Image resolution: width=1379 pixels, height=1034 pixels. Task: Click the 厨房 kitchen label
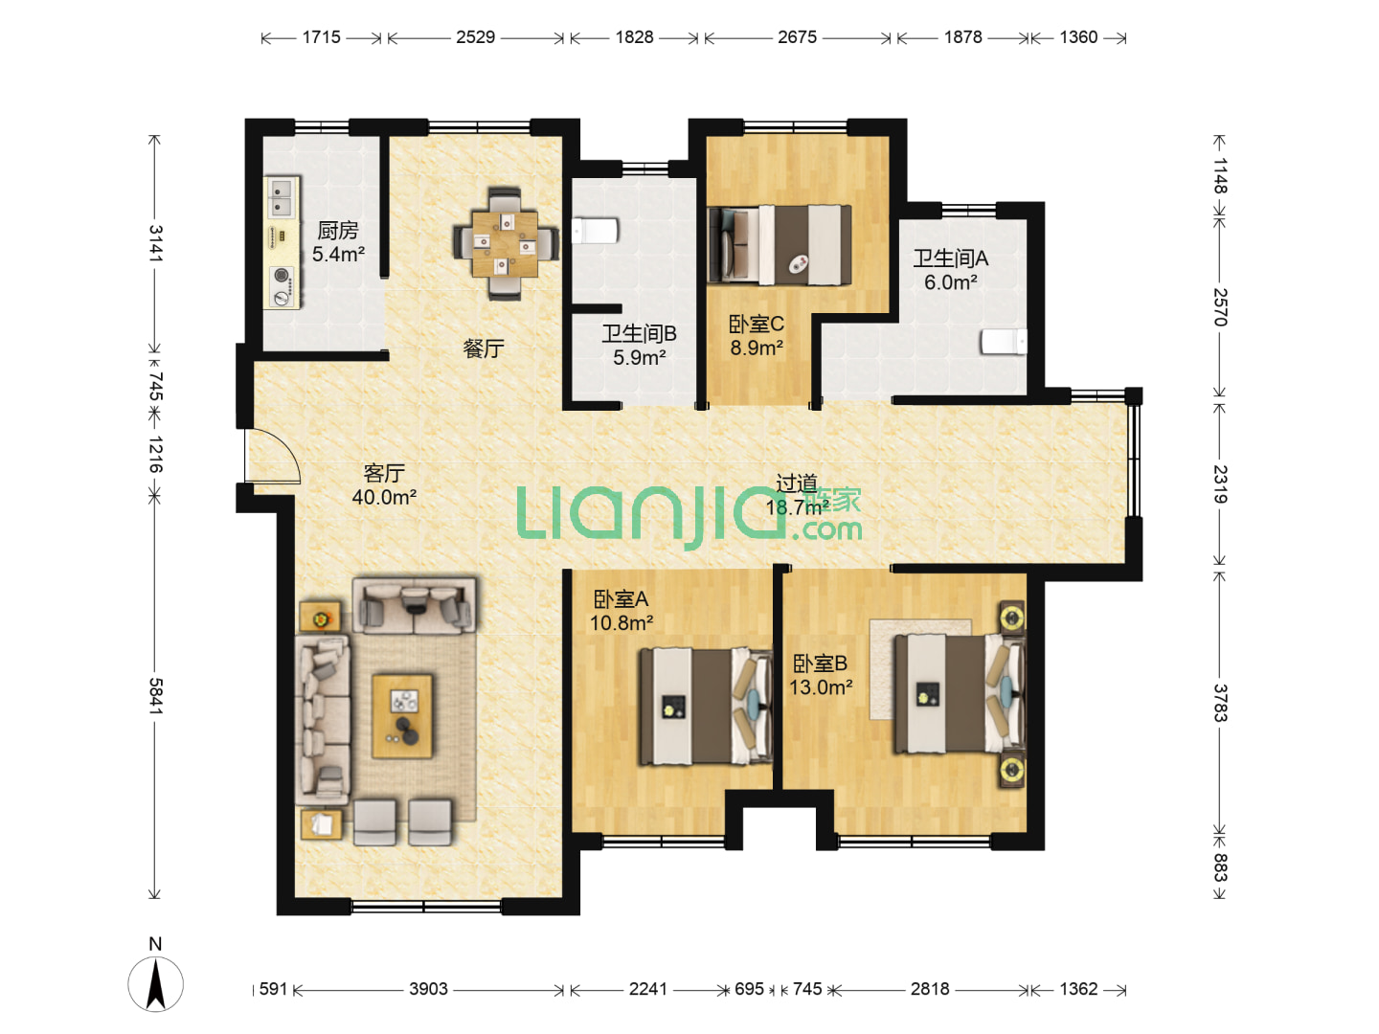[x=337, y=231]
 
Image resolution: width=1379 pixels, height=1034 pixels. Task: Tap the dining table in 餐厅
[x=505, y=244]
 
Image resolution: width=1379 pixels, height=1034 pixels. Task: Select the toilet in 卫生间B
[x=595, y=231]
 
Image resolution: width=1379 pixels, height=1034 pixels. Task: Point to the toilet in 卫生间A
[x=1004, y=342]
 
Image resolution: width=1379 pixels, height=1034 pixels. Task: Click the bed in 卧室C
[x=780, y=244]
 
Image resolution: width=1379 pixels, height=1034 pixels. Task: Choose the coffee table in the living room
[x=402, y=716]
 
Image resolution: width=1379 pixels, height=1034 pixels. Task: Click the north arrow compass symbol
[x=156, y=983]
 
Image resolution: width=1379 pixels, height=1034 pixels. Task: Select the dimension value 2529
[x=475, y=37]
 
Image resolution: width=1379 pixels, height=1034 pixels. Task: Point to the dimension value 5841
[x=155, y=696]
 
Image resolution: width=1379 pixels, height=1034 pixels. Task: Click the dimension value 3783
[x=1219, y=703]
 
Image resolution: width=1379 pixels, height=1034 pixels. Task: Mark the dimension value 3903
[x=428, y=989]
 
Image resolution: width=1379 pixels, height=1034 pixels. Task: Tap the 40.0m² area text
[x=384, y=497]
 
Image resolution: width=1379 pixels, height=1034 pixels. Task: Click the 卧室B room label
[x=820, y=663]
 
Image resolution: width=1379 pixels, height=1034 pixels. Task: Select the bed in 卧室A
[x=706, y=707]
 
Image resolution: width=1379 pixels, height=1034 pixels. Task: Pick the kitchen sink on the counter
[x=282, y=197]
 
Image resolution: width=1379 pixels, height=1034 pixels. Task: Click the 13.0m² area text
[x=821, y=687]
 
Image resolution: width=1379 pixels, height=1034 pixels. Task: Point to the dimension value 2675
[x=798, y=37]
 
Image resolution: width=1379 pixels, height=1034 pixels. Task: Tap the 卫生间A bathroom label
[x=951, y=258]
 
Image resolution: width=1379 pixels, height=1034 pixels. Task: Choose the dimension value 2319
[x=1219, y=484]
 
